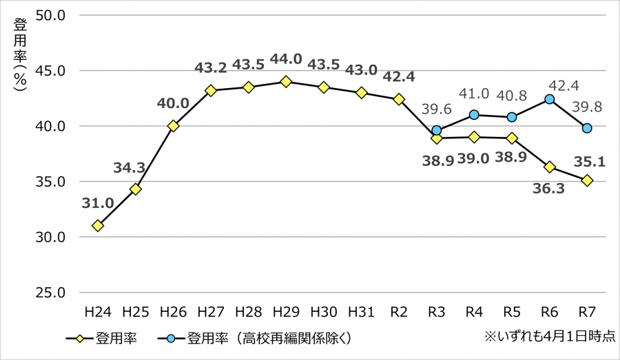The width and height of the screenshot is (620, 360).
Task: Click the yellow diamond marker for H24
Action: click(x=98, y=226)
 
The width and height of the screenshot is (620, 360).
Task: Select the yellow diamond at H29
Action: click(x=286, y=81)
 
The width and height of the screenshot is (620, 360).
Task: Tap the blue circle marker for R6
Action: click(x=549, y=99)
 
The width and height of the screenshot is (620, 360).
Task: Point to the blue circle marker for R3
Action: click(x=436, y=130)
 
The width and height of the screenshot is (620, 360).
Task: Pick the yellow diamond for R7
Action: click(x=587, y=180)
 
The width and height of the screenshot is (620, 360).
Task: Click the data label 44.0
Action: click(x=286, y=59)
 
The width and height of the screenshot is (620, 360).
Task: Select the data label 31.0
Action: click(x=97, y=204)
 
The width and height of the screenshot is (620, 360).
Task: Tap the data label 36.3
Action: click(x=549, y=189)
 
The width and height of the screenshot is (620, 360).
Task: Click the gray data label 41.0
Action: click(x=474, y=94)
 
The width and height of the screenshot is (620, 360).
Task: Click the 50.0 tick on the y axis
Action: click(x=51, y=15)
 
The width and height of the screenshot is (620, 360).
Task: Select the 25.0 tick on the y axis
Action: click(x=51, y=293)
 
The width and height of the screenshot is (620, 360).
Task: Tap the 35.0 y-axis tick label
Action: click(x=51, y=182)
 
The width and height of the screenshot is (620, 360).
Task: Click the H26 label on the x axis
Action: click(x=173, y=312)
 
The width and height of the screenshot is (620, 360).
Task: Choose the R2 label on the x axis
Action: click(x=399, y=312)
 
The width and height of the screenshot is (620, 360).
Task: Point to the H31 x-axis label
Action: click(x=361, y=312)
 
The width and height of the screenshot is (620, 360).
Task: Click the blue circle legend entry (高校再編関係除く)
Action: click(x=261, y=339)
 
